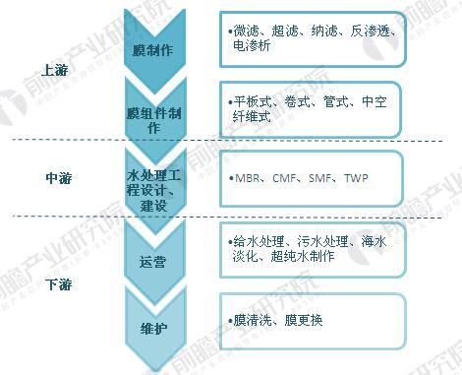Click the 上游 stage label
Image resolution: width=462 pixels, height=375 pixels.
[x=56, y=71]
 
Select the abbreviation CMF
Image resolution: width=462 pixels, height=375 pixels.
[x=285, y=179]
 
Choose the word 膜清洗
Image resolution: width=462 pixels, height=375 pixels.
[x=251, y=320]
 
